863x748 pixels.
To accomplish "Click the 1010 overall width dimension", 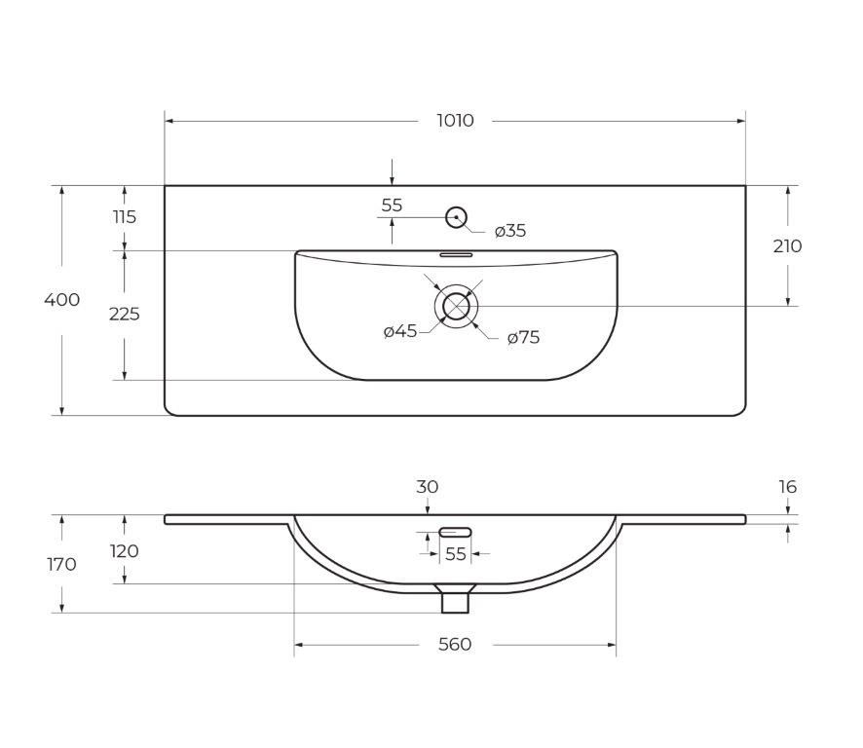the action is [455, 120].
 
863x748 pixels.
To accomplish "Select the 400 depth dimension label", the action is [61, 299].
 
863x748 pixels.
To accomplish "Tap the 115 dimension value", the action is [125, 217].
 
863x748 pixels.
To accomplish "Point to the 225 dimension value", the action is [125, 314].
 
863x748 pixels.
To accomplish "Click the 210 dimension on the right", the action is [787, 246].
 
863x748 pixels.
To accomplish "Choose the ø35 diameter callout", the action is [510, 231].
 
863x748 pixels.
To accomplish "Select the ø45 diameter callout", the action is [400, 331].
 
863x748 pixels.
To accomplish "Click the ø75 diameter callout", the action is [523, 337].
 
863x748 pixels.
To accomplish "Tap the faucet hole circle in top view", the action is [456, 217].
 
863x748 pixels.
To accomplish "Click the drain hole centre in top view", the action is [456, 306].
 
